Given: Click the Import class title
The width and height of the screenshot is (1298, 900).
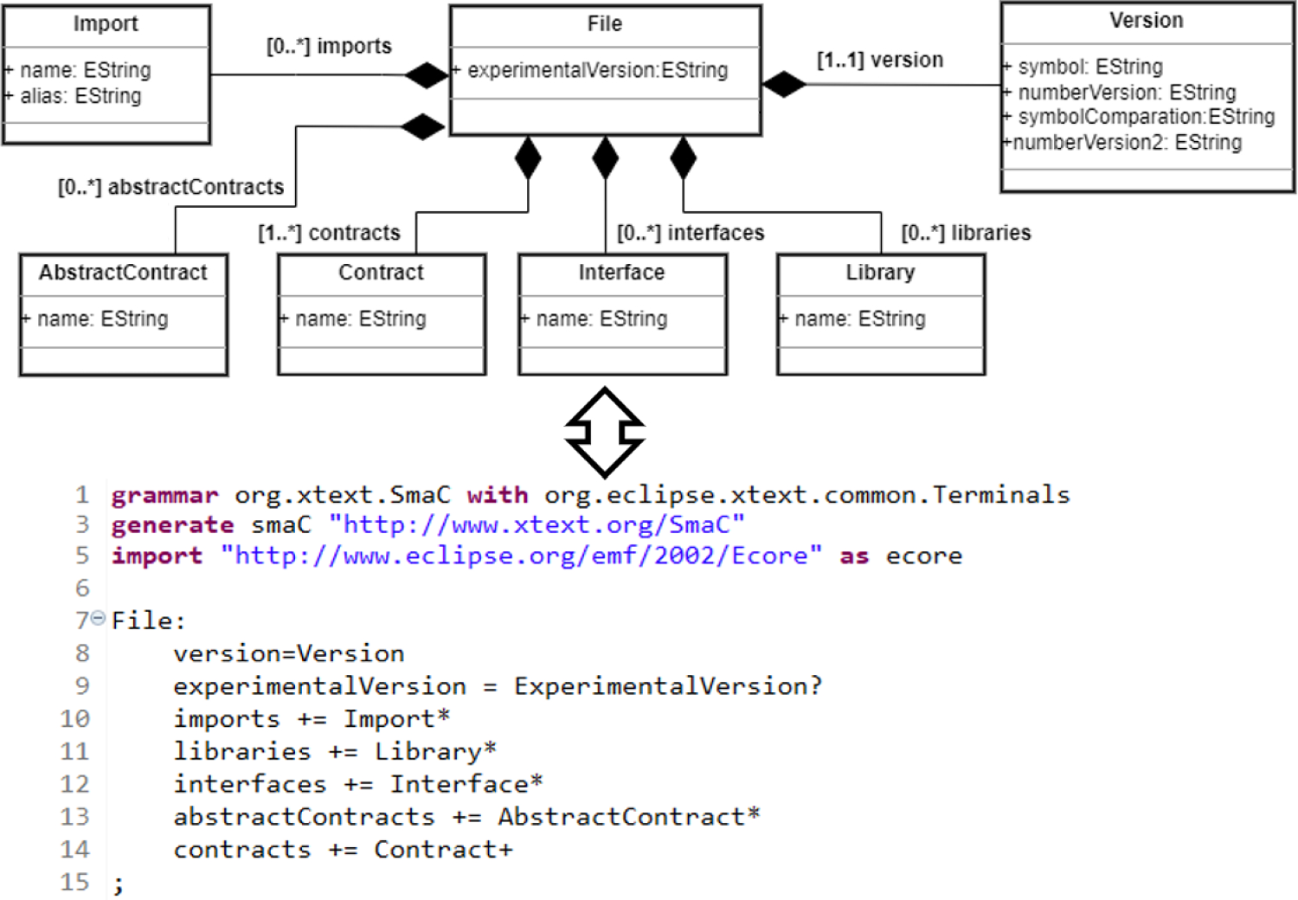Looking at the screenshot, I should [106, 24].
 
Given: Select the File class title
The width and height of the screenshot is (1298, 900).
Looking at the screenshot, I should [604, 24].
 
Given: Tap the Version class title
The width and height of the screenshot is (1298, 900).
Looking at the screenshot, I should [1146, 21].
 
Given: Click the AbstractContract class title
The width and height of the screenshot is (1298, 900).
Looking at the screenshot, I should [123, 273].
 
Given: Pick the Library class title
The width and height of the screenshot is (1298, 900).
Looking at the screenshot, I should [880, 273].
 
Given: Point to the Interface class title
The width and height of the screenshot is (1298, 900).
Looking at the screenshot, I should [621, 273].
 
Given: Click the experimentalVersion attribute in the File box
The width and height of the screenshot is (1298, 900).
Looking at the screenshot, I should [597, 70].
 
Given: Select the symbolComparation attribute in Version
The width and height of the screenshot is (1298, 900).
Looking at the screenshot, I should [1146, 117].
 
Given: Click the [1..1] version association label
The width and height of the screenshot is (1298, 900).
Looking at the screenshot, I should [880, 60].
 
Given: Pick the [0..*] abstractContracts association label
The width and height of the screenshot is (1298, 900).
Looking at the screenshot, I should [170, 187].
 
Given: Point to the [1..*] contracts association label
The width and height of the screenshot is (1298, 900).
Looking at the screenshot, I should [329, 233].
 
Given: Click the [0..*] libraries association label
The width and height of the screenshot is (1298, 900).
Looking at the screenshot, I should [966, 233].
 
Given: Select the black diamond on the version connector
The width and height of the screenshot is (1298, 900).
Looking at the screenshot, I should [784, 84].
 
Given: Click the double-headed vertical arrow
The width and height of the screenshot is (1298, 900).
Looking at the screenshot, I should [605, 432].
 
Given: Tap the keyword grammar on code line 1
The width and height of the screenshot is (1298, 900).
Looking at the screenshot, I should [164, 495].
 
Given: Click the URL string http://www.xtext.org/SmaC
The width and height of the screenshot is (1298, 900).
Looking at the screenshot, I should [537, 525].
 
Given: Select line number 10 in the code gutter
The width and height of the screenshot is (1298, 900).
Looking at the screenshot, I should [74, 719].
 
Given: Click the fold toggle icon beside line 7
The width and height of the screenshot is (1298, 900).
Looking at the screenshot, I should [98, 618].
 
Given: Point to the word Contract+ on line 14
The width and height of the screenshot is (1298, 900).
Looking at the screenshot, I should [443, 850].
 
